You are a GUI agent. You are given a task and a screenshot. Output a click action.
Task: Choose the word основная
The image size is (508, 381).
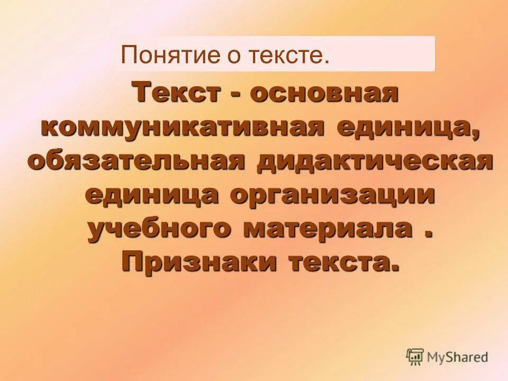(x=324, y=93)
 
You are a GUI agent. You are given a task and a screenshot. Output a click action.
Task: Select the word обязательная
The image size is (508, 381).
(x=136, y=161)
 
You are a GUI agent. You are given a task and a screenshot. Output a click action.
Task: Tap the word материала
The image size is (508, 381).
(x=328, y=229)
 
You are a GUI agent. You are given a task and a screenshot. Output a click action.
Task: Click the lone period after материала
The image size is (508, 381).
(x=427, y=236)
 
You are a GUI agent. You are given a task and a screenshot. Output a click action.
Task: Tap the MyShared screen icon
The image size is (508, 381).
(x=415, y=357)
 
